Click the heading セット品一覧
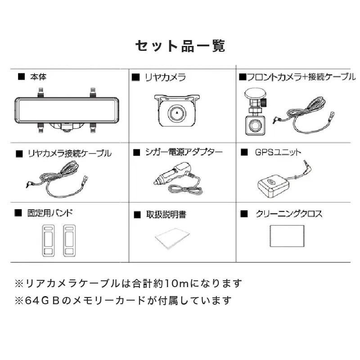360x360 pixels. pyautogui.click(x=180, y=46)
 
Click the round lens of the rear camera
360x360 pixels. pyautogui.click(x=177, y=113)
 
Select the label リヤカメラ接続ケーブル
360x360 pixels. pyautogui.click(x=70, y=153)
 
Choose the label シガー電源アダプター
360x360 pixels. pyautogui.click(x=184, y=152)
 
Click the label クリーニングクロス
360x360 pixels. pyautogui.click(x=288, y=214)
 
